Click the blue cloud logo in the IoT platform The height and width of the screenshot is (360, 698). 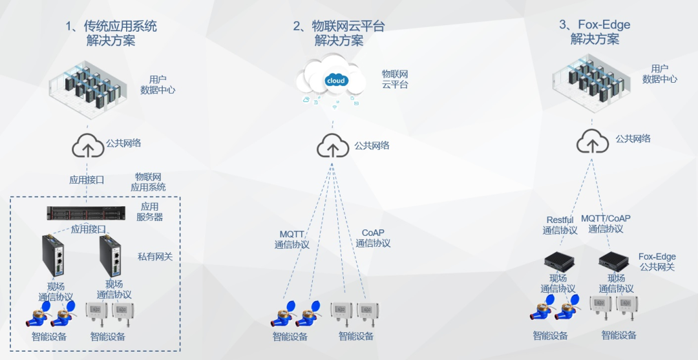coord(337,81)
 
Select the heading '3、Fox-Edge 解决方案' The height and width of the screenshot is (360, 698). coord(595,32)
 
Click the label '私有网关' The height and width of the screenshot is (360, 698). coord(155,257)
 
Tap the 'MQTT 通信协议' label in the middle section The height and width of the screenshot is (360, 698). coord(291,238)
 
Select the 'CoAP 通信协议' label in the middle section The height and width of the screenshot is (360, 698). coord(373,238)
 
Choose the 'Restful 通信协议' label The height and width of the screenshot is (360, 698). coord(560,224)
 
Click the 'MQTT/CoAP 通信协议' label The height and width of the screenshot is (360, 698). coord(606,224)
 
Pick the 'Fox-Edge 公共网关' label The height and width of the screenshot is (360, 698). coord(657,262)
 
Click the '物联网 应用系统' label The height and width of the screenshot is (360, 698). coord(149,182)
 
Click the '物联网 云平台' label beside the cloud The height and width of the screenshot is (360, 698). coord(395,79)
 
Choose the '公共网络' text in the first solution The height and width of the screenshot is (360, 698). coord(123,143)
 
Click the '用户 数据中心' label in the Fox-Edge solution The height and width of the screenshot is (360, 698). coord(659,74)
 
